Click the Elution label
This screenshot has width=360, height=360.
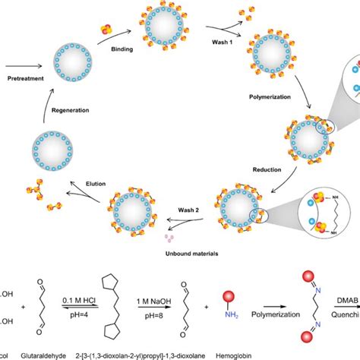click(82, 183)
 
